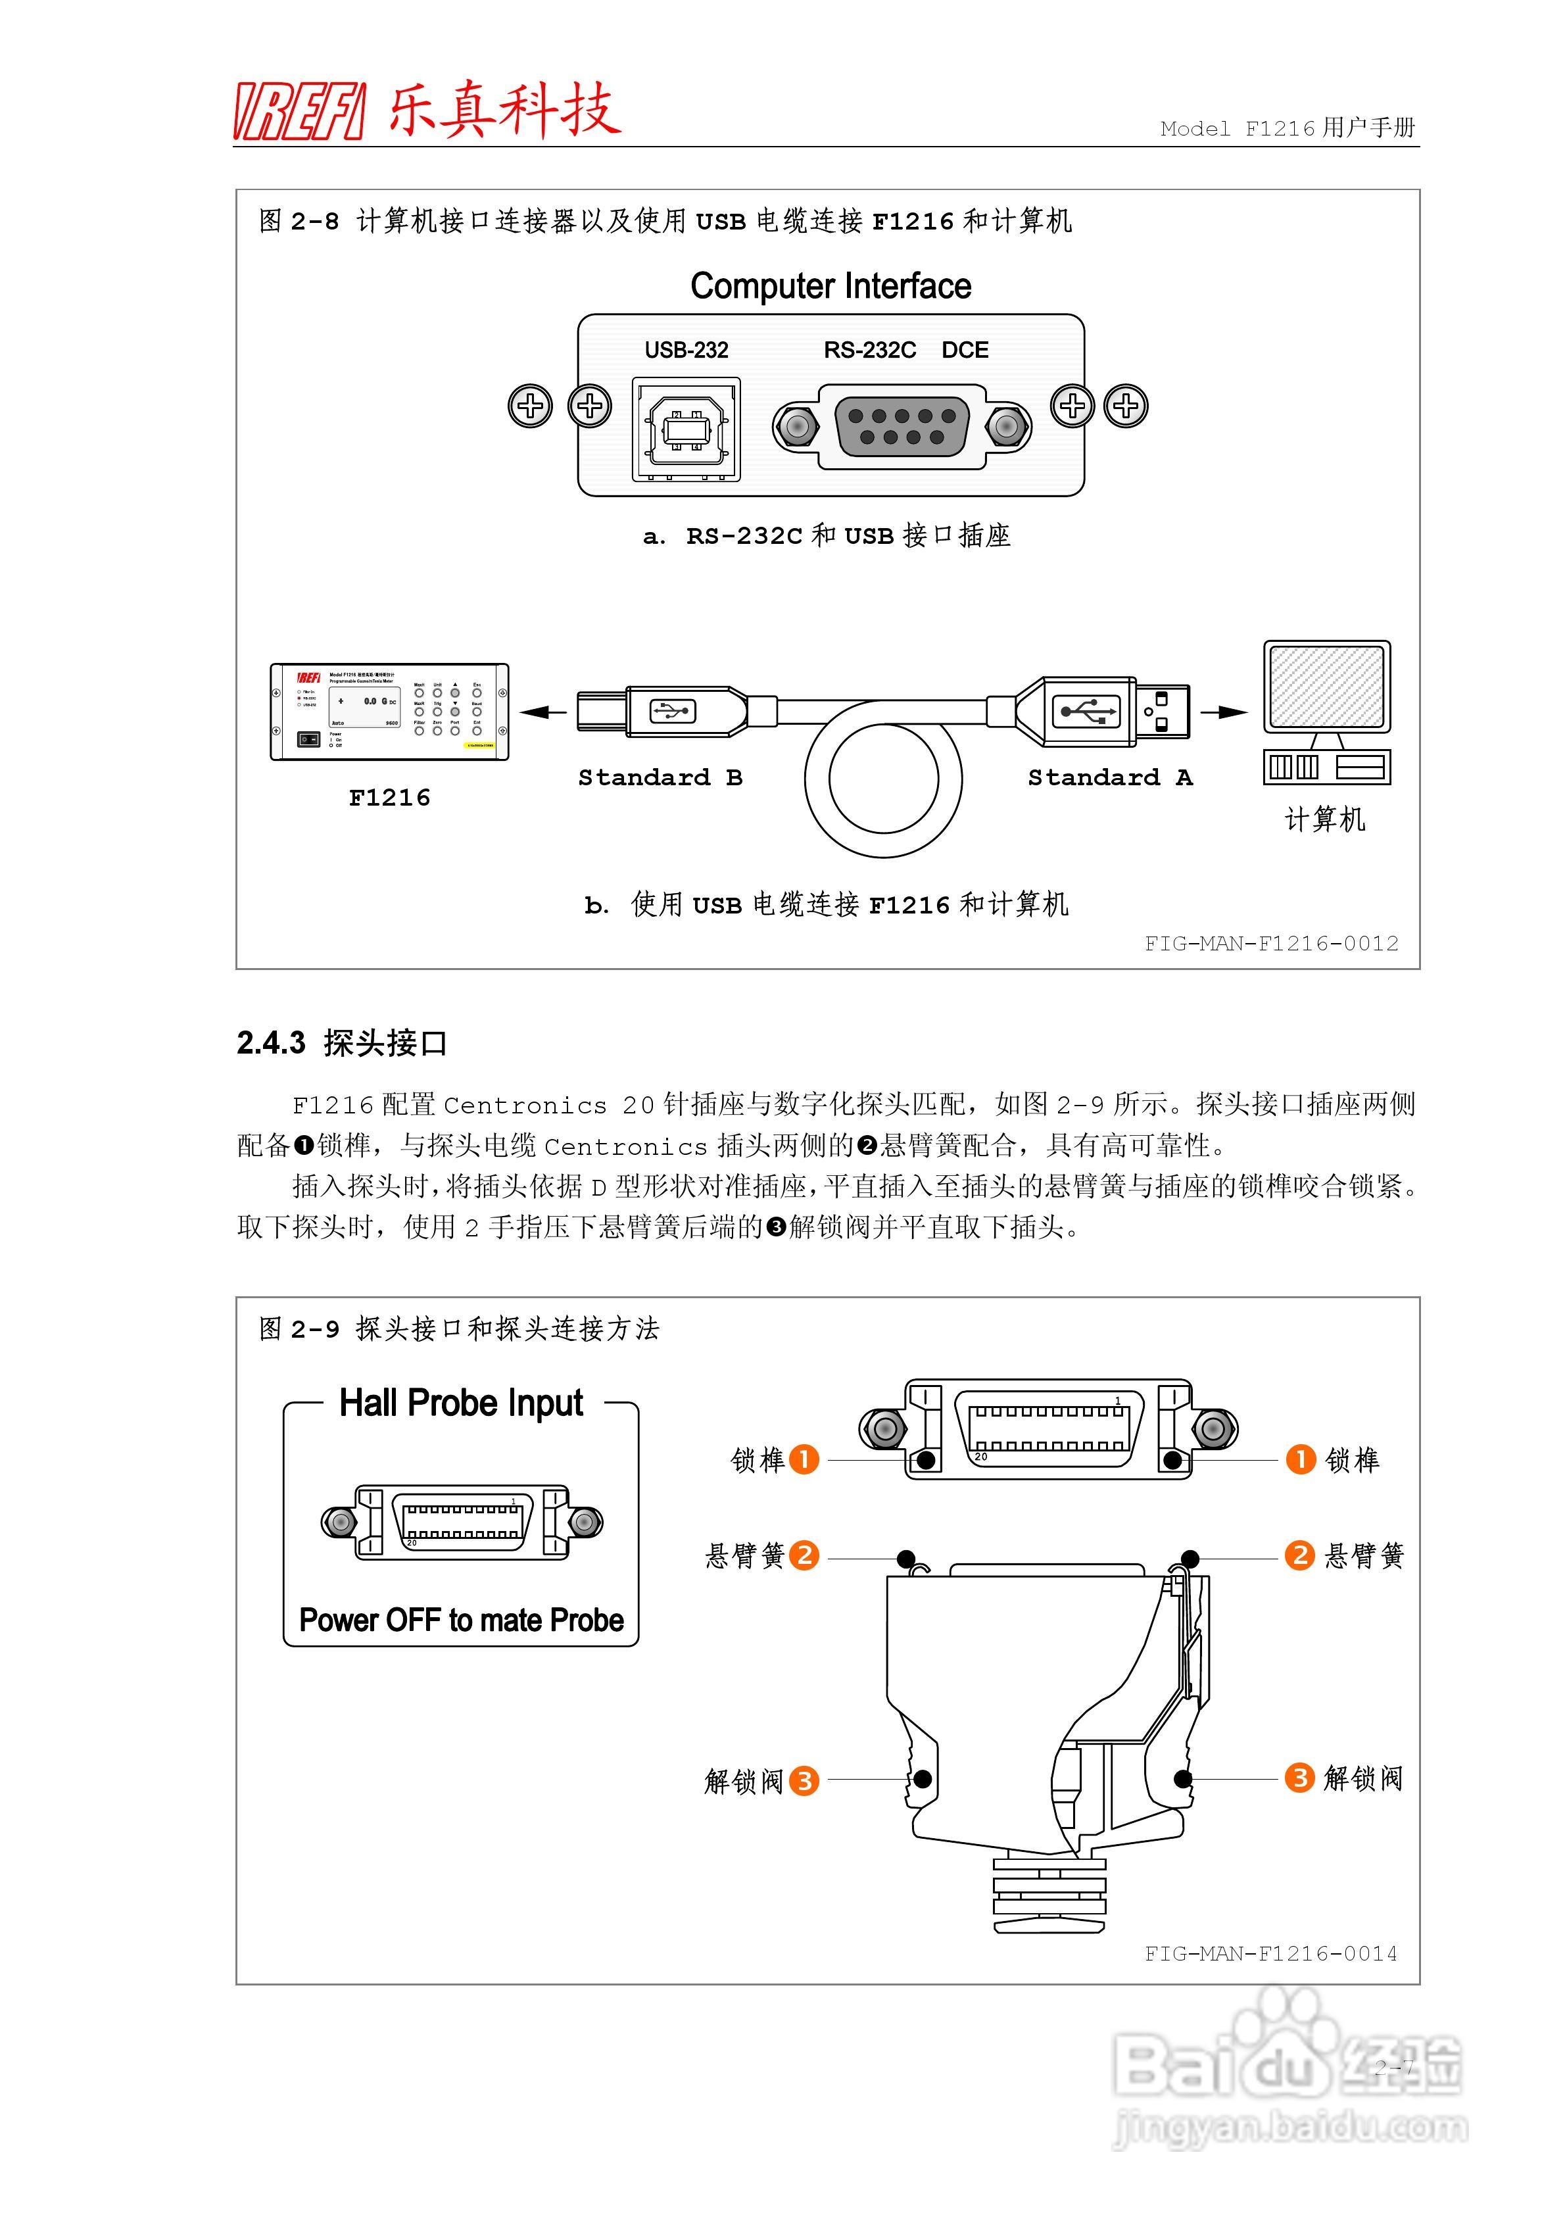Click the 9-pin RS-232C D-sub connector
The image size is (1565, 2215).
901,426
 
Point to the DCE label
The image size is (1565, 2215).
964,350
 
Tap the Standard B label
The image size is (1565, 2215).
660,777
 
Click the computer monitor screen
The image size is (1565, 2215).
1327,687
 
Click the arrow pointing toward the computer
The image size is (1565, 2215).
1224,712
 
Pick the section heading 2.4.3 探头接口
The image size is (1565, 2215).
343,1043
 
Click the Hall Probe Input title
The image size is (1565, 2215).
461,1403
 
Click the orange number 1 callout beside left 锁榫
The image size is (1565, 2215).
804,1459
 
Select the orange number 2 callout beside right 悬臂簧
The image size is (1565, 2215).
1299,1555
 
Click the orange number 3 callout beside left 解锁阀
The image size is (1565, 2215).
804,1779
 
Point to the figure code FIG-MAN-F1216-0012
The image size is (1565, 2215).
1270,944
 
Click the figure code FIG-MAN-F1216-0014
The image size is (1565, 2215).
1270,1953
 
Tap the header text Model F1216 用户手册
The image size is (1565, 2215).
1286,128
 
